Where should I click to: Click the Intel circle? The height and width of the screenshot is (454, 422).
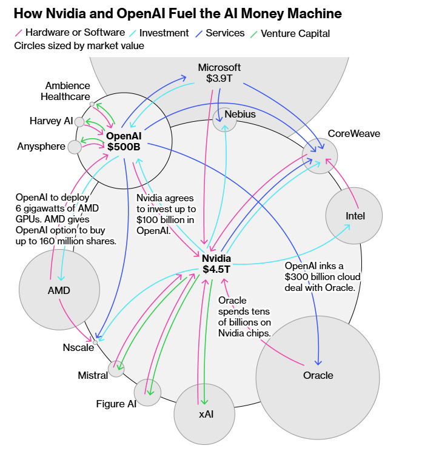354,216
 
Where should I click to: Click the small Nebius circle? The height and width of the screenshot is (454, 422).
225,119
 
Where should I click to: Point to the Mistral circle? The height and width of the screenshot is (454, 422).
116,368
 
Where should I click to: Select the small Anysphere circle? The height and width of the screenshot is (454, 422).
74,147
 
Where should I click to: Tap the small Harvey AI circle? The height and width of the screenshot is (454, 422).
79,122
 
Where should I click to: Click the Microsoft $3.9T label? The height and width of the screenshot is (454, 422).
219,73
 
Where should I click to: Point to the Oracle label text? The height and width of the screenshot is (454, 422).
318,375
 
